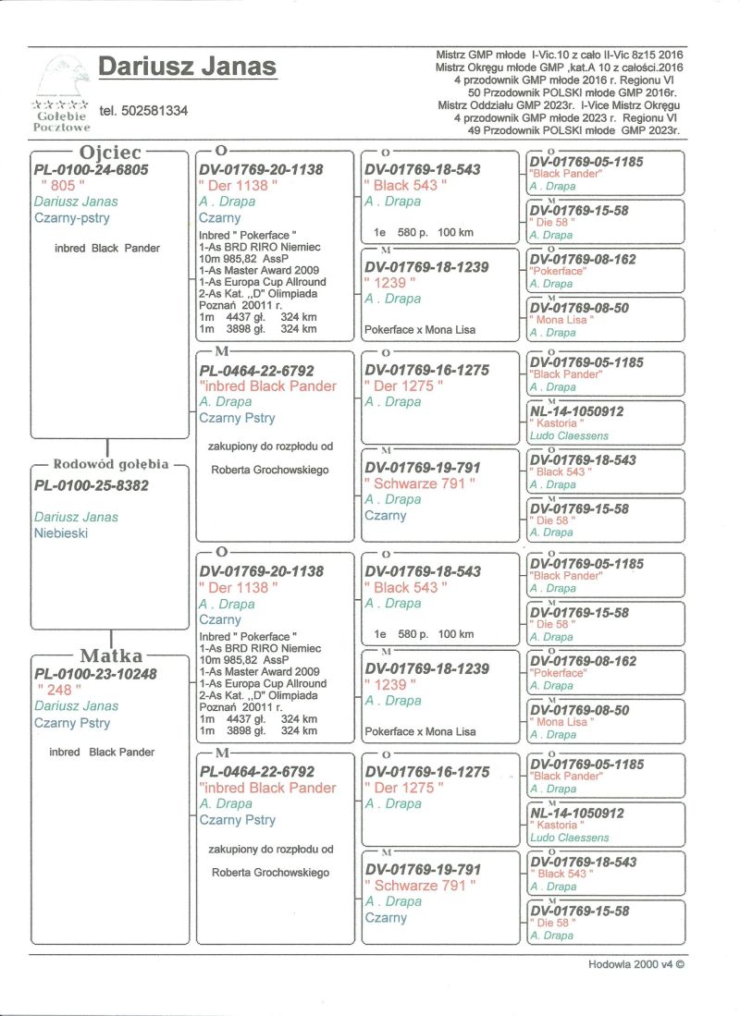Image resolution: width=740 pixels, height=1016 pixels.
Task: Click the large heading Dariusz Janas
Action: (187, 67)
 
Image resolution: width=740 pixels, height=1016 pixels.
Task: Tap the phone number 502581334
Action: (142, 111)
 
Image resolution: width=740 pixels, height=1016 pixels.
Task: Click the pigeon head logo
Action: (61, 79)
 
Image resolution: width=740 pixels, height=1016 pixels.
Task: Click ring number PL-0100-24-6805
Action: (91, 170)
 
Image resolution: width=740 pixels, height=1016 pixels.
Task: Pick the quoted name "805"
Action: (57, 186)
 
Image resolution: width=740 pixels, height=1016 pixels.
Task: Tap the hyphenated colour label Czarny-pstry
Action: (71, 218)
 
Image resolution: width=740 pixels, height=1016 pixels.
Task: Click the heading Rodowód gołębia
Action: (111, 464)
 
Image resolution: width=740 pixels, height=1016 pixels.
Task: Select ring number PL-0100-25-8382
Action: (91, 484)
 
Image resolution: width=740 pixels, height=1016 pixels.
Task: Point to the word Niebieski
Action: (63, 532)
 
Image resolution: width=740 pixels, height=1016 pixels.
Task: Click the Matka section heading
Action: (111, 656)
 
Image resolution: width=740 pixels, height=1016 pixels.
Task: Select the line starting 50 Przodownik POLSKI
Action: (574, 93)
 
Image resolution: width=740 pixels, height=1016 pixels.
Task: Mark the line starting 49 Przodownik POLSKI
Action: (574, 131)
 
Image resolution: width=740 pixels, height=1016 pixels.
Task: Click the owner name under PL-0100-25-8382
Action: (76, 517)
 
